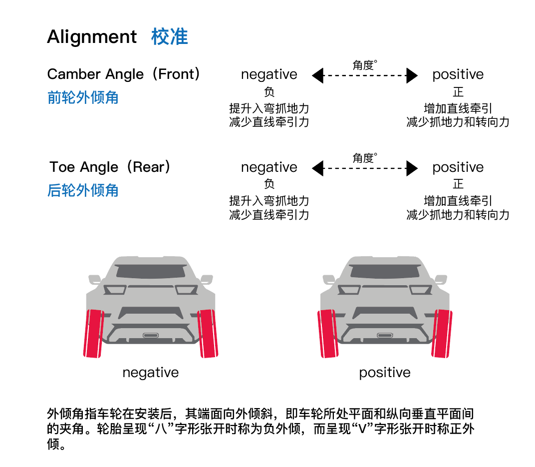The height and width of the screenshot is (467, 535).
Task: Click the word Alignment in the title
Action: tap(92, 37)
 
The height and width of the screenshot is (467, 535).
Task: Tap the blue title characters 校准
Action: tap(170, 37)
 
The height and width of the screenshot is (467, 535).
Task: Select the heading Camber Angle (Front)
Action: tap(124, 74)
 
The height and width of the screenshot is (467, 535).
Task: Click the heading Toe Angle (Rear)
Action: tap(110, 167)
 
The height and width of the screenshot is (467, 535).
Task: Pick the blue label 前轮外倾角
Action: tap(83, 97)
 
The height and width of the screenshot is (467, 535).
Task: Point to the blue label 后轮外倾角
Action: tap(83, 190)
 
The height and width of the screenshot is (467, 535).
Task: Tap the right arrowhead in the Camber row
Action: tap(412, 76)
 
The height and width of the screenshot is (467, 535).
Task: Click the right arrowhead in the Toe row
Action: tap(412, 169)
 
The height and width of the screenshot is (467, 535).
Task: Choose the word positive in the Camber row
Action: tap(458, 75)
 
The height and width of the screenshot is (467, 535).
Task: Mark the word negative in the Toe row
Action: tap(269, 167)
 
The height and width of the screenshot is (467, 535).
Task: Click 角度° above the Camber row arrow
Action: tap(364, 64)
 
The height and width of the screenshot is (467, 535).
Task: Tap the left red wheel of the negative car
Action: tap(94, 334)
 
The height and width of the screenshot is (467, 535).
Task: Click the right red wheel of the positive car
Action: tap(442, 334)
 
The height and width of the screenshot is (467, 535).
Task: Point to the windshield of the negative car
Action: tap(151, 271)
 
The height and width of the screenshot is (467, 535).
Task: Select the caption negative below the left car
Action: tap(150, 373)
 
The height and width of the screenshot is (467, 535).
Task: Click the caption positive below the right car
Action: tap(385, 373)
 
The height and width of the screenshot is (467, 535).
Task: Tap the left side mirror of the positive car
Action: tap(328, 279)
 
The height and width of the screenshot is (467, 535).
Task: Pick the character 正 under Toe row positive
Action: tap(458, 184)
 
